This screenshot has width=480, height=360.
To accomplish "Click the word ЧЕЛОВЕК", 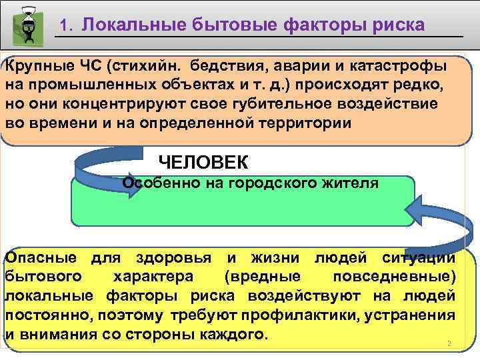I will [203, 162].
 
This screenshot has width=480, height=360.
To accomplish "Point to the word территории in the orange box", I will [300, 123].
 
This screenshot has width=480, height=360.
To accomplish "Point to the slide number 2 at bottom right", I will [449, 344].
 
